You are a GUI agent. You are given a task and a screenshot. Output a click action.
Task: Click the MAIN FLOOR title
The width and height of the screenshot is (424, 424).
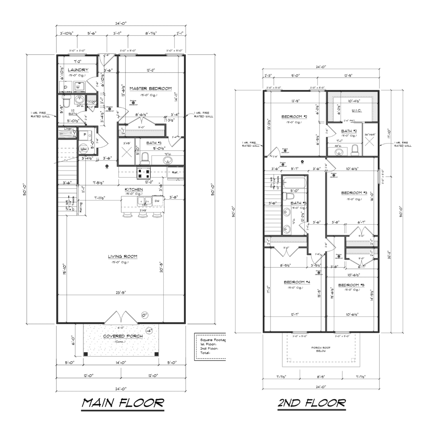tap(122, 403)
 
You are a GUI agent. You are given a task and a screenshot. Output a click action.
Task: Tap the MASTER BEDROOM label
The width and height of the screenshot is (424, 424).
tap(150, 89)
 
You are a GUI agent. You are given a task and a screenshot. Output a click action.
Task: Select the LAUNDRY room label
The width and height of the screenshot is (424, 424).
tap(78, 70)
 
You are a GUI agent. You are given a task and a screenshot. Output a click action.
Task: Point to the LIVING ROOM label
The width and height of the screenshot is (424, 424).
tap(123, 257)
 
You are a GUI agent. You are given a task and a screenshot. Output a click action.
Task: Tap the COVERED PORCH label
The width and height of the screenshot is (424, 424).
tap(120, 336)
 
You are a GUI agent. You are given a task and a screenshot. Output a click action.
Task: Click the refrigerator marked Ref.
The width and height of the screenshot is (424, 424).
tap(175, 172)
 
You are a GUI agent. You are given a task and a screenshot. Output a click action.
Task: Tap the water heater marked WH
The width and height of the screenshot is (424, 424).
tap(83, 149)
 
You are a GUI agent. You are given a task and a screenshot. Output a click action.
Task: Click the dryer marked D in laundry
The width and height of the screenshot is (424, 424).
tap(65, 87)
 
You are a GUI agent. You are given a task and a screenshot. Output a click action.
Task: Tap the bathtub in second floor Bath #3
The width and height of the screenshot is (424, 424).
tap(294, 183)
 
